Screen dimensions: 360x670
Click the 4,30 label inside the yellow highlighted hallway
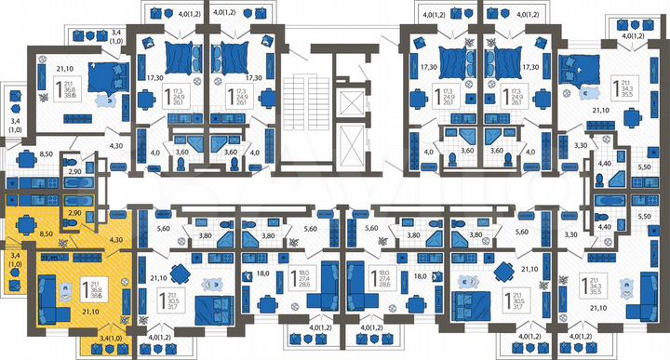[x=115, y=241]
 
